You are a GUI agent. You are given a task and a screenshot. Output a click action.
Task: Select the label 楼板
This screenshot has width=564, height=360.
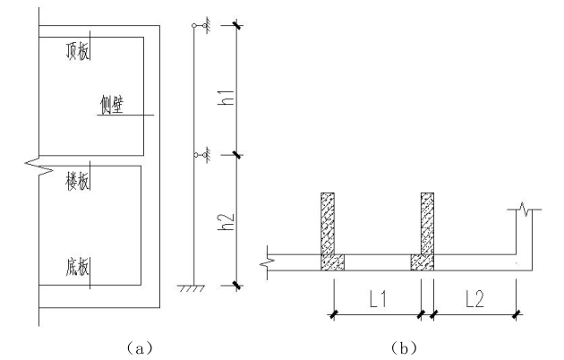coord(78,180)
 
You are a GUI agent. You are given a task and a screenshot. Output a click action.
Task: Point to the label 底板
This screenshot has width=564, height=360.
coord(78,269)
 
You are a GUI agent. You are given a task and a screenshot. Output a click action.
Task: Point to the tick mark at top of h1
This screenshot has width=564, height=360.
coord(236,26)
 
